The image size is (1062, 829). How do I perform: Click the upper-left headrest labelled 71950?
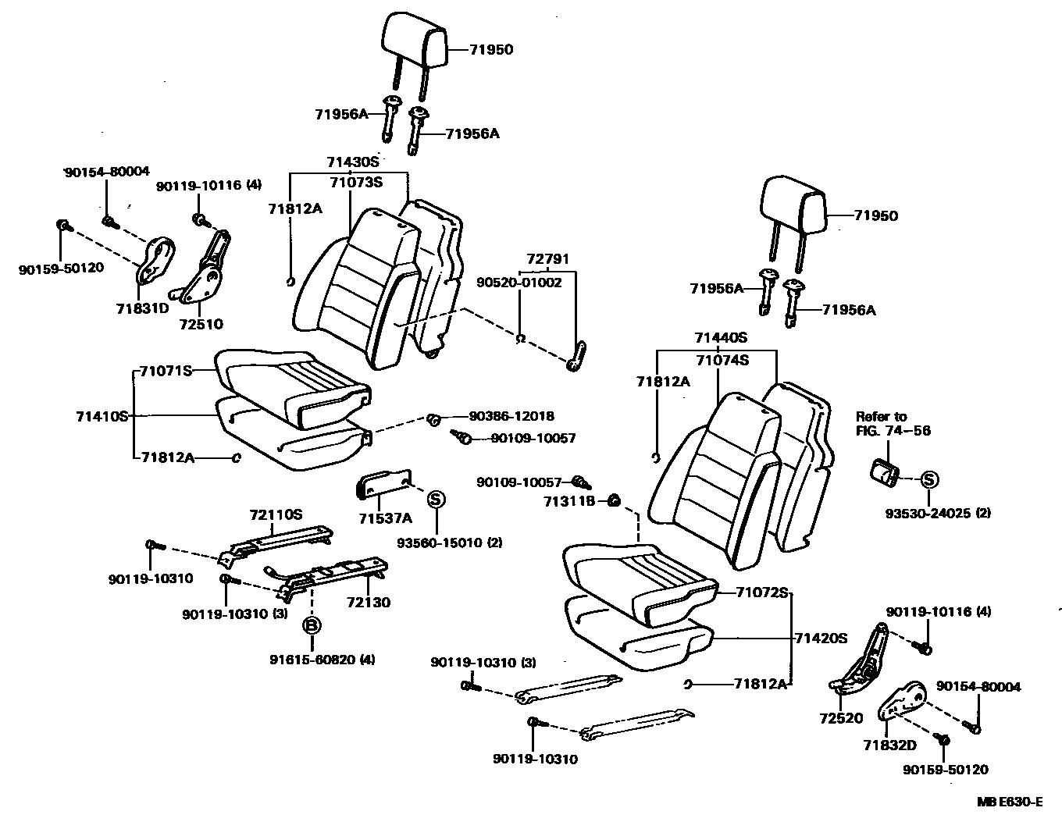[x=415, y=40]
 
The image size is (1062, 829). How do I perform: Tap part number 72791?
[x=547, y=258]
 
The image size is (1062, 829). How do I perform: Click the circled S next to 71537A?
[x=436, y=500]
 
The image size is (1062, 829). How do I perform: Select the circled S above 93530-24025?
[x=928, y=480]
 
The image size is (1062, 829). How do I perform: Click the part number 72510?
[x=201, y=323]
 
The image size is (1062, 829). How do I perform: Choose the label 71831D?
[x=143, y=308]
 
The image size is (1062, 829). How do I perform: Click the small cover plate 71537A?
[x=383, y=483]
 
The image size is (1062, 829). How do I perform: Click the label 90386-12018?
[x=511, y=417]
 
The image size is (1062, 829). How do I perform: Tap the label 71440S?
[x=721, y=338]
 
